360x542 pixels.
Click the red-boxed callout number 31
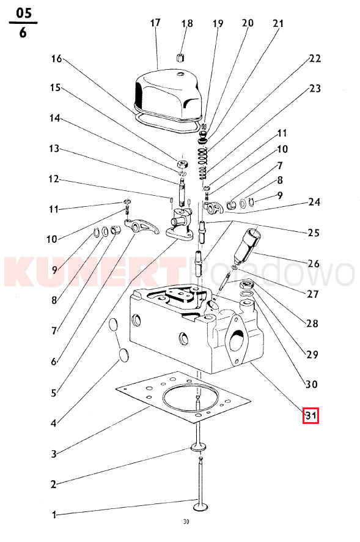pos(310,415)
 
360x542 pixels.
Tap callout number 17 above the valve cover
pos(155,23)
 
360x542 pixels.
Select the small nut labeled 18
pos(180,58)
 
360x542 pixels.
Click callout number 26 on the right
pos(314,264)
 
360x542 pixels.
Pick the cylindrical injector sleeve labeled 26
pos(247,245)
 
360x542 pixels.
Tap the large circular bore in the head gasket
pos(192,397)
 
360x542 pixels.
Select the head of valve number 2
pos(197,448)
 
